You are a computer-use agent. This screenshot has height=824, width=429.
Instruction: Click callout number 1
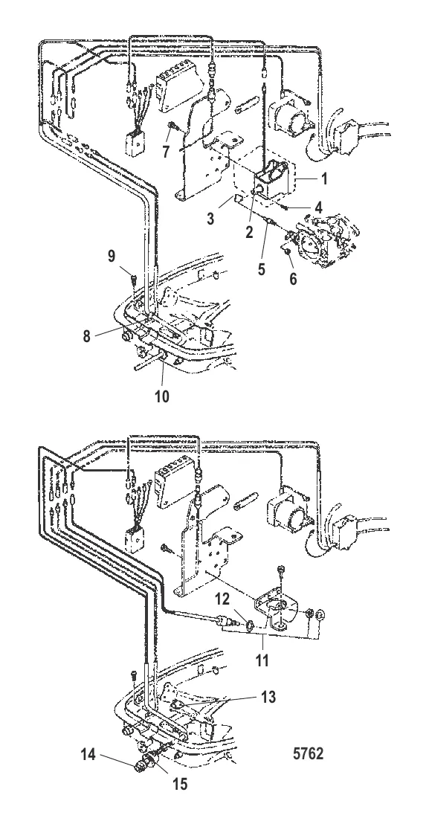point(324,178)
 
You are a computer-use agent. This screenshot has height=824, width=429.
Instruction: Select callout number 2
point(249,232)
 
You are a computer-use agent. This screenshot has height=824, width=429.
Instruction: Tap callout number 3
point(210,218)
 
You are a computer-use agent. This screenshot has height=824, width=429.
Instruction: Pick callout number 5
point(261,269)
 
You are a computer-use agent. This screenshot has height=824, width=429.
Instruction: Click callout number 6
point(293,279)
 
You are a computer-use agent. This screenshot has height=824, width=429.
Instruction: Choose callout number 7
point(166,152)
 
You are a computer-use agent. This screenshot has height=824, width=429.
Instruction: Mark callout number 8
point(87,336)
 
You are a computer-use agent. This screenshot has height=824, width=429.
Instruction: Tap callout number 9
point(112,256)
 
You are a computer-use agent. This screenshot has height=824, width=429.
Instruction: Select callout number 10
point(162,396)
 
